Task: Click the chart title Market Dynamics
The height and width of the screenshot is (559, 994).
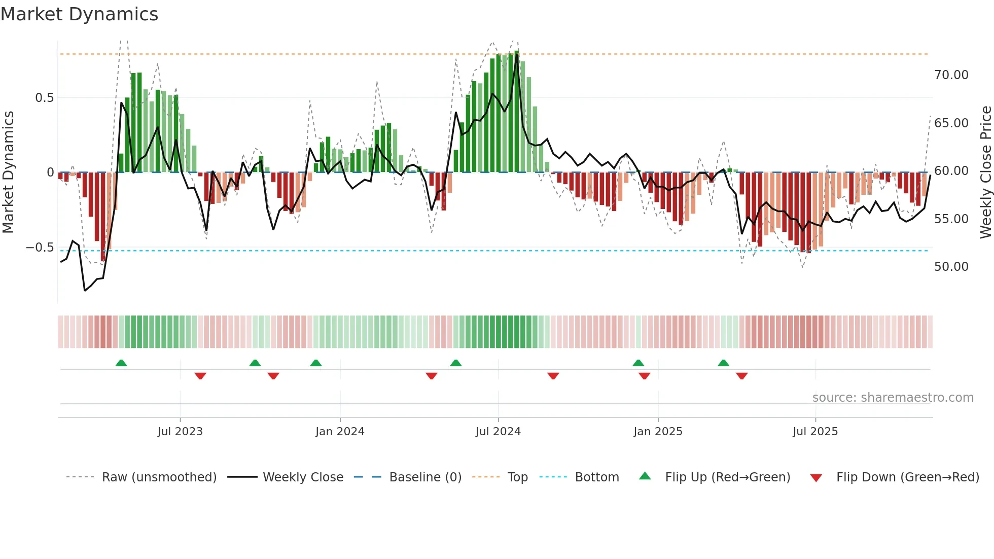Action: (80, 14)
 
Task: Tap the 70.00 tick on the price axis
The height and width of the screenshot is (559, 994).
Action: (951, 75)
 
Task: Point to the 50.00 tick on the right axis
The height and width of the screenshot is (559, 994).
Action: (951, 267)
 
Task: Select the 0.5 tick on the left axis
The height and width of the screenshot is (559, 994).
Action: (45, 98)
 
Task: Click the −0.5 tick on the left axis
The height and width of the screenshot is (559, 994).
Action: (40, 248)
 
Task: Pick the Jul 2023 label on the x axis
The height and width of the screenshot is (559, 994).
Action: (180, 432)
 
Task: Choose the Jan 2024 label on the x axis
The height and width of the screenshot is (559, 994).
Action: (340, 432)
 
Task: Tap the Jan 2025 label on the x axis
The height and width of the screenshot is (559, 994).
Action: (658, 432)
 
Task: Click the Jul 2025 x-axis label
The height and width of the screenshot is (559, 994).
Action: (815, 432)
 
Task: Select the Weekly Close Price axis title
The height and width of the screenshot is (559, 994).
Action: (985, 172)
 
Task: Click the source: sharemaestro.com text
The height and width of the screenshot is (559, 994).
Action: (893, 398)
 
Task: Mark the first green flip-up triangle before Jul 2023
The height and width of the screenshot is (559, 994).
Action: (121, 363)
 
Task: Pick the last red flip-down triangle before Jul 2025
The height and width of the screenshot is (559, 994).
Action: (742, 376)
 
